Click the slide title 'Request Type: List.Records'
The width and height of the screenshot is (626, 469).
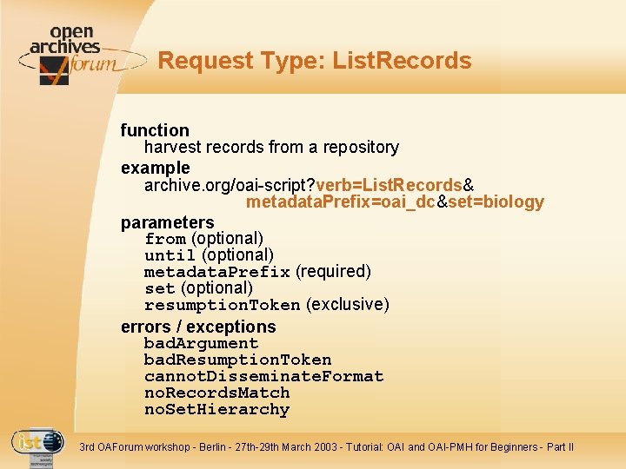[315, 61]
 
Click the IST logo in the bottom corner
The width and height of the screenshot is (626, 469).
[37, 445]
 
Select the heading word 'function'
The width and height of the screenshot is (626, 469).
[155, 130]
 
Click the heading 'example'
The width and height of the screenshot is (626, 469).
[155, 167]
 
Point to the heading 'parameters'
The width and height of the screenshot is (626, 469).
[167, 222]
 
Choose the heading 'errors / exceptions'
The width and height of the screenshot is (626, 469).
[198, 327]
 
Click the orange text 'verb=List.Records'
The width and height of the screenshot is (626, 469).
[390, 185]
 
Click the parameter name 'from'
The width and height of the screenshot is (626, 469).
[165, 239]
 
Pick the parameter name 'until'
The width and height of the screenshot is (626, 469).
[170, 255]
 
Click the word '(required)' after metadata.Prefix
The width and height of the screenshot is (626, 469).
[333, 272]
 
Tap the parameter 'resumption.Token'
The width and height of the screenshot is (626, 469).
[223, 305]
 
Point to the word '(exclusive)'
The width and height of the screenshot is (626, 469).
[348, 305]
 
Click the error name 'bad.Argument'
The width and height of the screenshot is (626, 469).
[201, 343]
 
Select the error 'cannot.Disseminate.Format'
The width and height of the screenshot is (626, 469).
[263, 376]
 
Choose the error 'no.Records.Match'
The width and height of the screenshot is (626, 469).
[216, 393]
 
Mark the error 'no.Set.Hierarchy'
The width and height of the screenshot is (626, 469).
[216, 409]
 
